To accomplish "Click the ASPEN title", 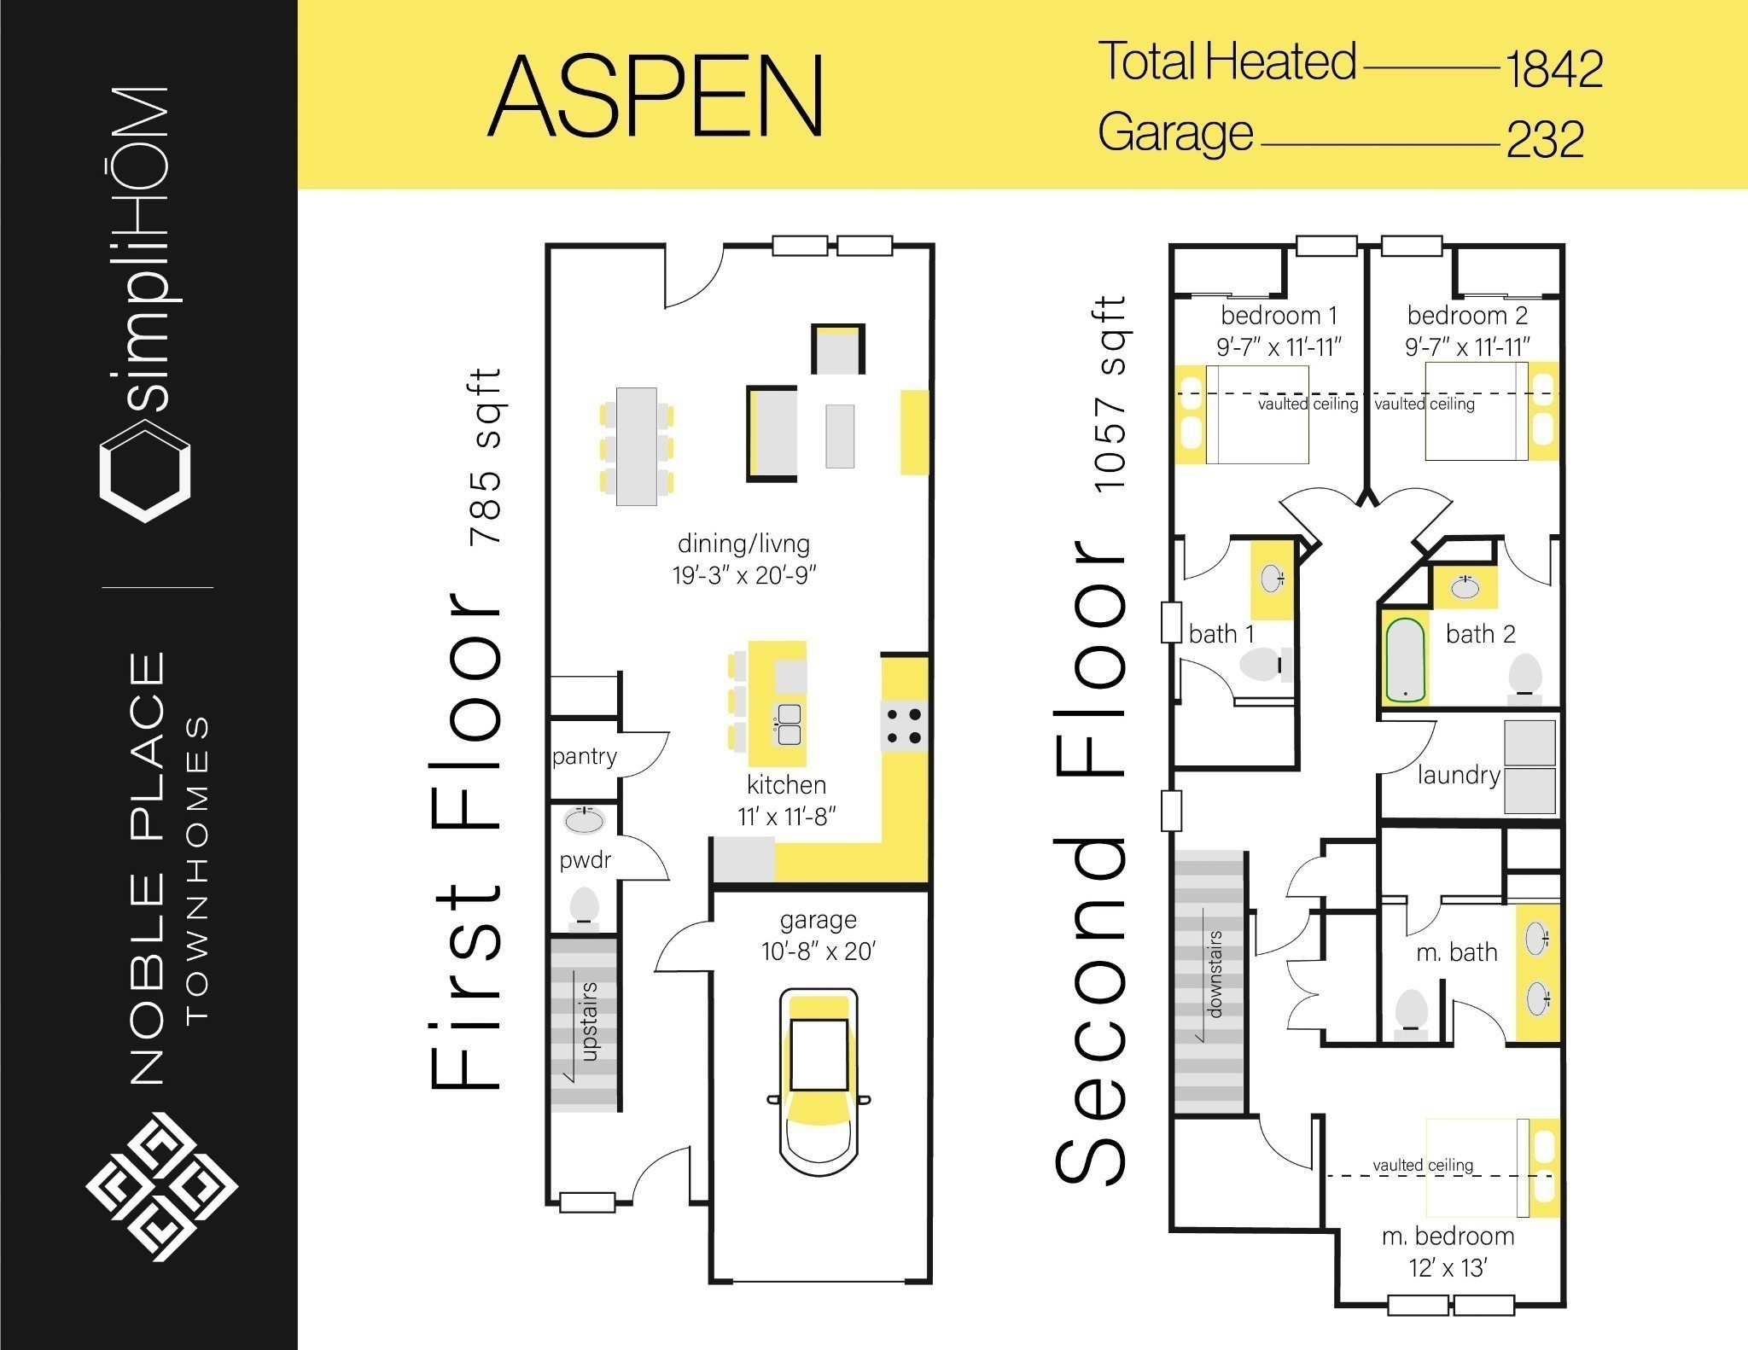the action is point(655,96).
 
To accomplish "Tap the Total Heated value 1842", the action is point(1553,69).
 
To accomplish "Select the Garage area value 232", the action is point(1546,140).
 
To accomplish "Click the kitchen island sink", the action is point(788,724).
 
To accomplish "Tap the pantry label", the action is point(584,757).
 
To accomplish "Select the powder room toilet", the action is point(584,905).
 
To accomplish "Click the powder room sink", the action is point(585,820).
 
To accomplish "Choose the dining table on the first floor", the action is point(637,446).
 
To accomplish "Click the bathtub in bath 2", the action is point(1404,660).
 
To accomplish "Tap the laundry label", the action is point(1459,776).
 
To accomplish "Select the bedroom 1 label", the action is point(1279,317).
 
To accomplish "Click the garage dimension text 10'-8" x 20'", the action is point(819,951).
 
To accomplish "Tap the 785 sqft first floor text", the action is point(487,457).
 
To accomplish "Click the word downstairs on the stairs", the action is point(1215,974).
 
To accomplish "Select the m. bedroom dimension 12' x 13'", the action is point(1448,1268).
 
